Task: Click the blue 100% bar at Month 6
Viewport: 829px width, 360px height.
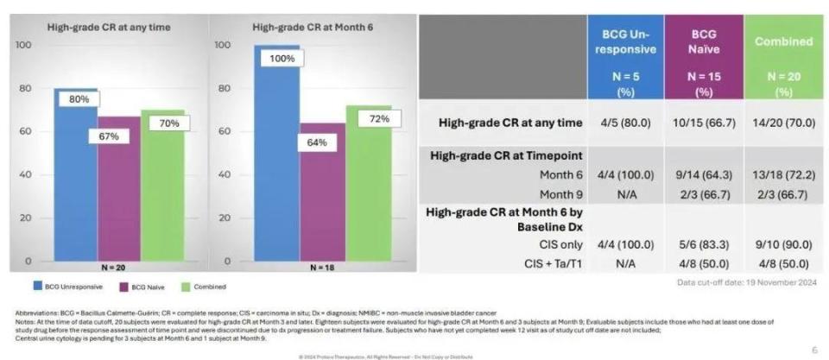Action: (x=276, y=155)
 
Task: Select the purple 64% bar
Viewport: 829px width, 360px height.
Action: (x=321, y=194)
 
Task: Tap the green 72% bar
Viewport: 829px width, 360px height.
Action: (x=368, y=186)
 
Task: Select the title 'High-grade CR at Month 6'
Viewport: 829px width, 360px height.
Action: (x=300, y=27)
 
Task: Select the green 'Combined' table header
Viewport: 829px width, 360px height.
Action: (x=783, y=56)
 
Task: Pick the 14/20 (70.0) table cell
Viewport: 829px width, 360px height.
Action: (x=783, y=123)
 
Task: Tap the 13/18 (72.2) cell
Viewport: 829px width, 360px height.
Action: (x=783, y=174)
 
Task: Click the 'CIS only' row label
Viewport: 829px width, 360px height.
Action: (x=559, y=246)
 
